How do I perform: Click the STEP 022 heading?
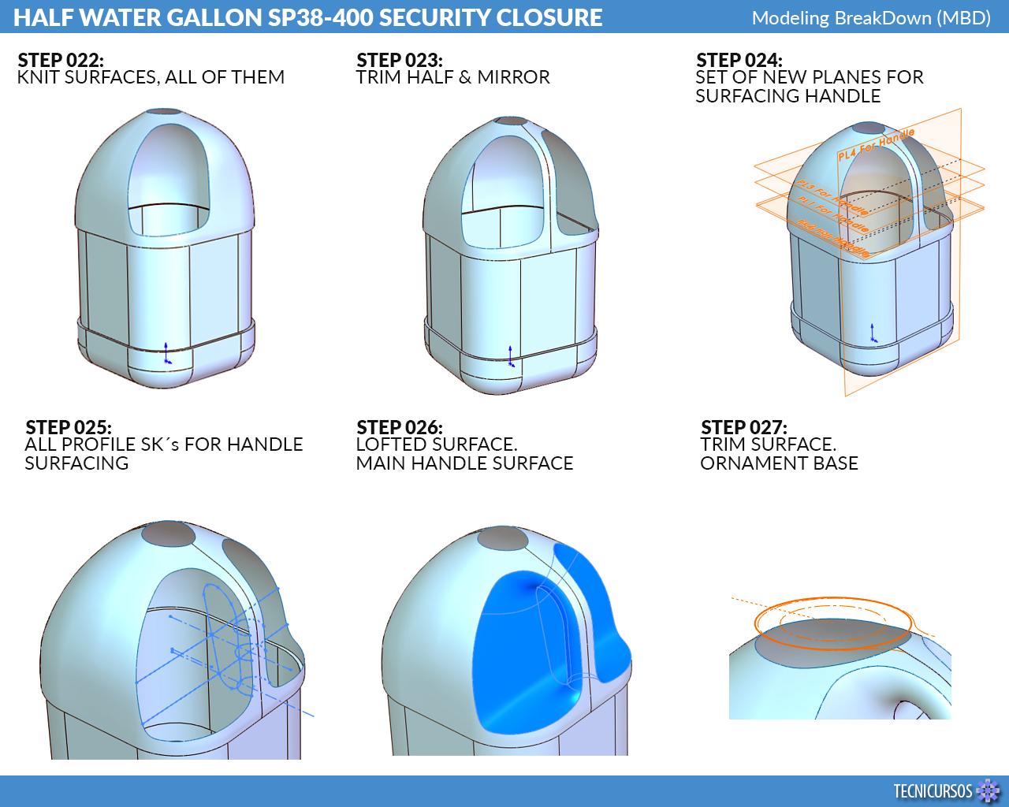60,61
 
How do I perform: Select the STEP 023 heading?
399,61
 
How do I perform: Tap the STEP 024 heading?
739,61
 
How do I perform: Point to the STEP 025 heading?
68,428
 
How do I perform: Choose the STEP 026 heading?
399,428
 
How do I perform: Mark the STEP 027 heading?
743,428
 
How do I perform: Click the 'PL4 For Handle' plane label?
875,147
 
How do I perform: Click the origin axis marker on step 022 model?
166,355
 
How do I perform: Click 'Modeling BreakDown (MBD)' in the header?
870,17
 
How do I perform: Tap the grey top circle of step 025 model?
168,534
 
